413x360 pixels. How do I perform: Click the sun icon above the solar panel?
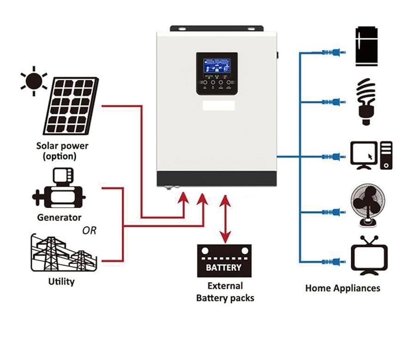pos(34,81)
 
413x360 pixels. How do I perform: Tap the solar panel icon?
pos(71,106)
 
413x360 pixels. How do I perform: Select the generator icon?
pos(58,190)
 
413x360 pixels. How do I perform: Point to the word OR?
pos(90,230)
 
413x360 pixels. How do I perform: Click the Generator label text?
pos(59,217)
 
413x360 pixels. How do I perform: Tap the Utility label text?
pos(61,281)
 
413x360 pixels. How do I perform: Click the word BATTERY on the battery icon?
pos(224,268)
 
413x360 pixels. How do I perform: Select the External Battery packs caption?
pos(225,292)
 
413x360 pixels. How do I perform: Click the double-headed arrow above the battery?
pos(225,219)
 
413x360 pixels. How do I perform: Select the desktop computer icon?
pos(371,156)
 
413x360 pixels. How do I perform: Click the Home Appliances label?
pos(343,288)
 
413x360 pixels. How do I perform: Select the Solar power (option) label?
pos(62,151)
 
